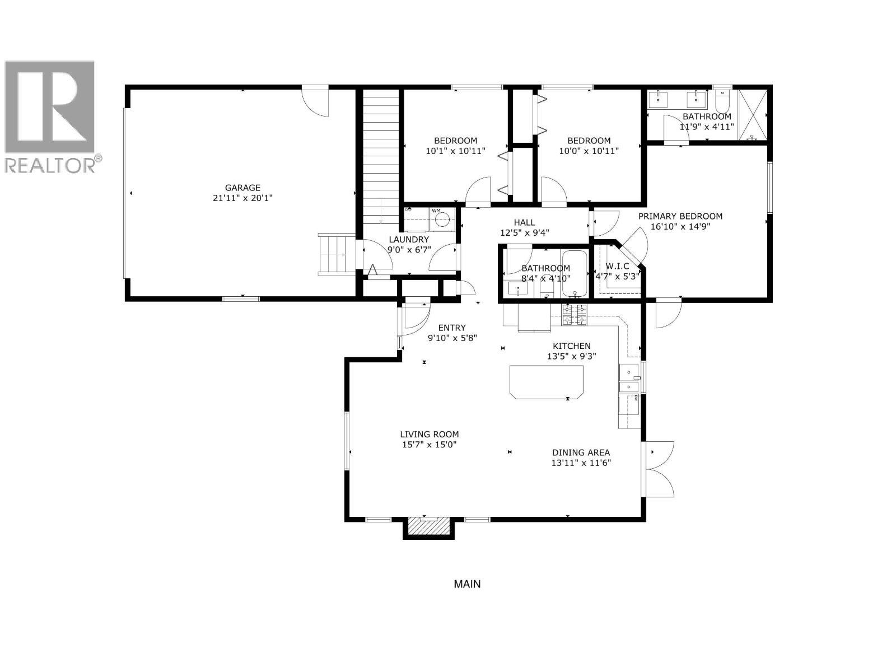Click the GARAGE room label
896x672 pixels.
(242, 188)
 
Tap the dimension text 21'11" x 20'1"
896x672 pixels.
(242, 198)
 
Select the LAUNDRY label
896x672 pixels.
(409, 240)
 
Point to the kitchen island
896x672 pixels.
(546, 381)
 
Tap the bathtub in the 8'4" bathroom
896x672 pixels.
(573, 274)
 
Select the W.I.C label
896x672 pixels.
(617, 266)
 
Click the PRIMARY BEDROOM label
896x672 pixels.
(680, 216)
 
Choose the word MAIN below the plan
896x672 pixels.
(467, 584)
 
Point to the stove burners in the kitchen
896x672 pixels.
(575, 315)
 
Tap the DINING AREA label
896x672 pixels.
(581, 452)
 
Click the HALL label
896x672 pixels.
(524, 222)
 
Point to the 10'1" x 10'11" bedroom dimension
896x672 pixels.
(455, 151)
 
